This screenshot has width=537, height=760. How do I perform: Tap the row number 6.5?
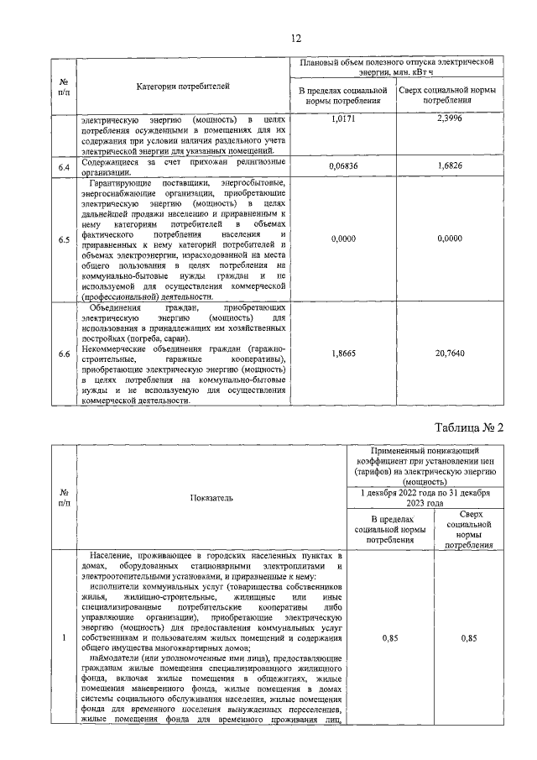click(x=64, y=240)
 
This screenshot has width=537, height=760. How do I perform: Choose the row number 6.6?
click(x=64, y=354)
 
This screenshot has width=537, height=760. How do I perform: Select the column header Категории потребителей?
click(x=182, y=86)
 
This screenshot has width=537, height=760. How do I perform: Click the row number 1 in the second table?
click(x=64, y=639)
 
